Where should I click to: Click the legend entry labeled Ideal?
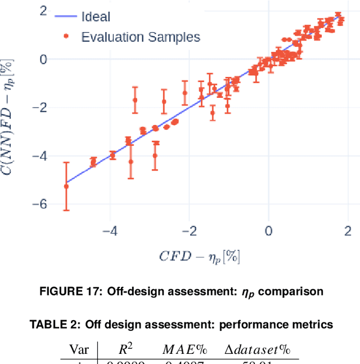click(96, 17)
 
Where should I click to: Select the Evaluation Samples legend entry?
click(140, 37)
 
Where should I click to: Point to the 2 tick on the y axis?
click(42, 10)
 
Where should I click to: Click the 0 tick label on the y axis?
click(42, 59)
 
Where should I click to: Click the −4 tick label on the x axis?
click(110, 231)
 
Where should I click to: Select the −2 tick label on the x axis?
click(189, 231)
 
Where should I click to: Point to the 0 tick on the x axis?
click(268, 231)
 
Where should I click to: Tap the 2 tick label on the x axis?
click(348, 231)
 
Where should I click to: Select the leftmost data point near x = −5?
click(66, 186)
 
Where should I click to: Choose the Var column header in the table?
click(78, 349)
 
